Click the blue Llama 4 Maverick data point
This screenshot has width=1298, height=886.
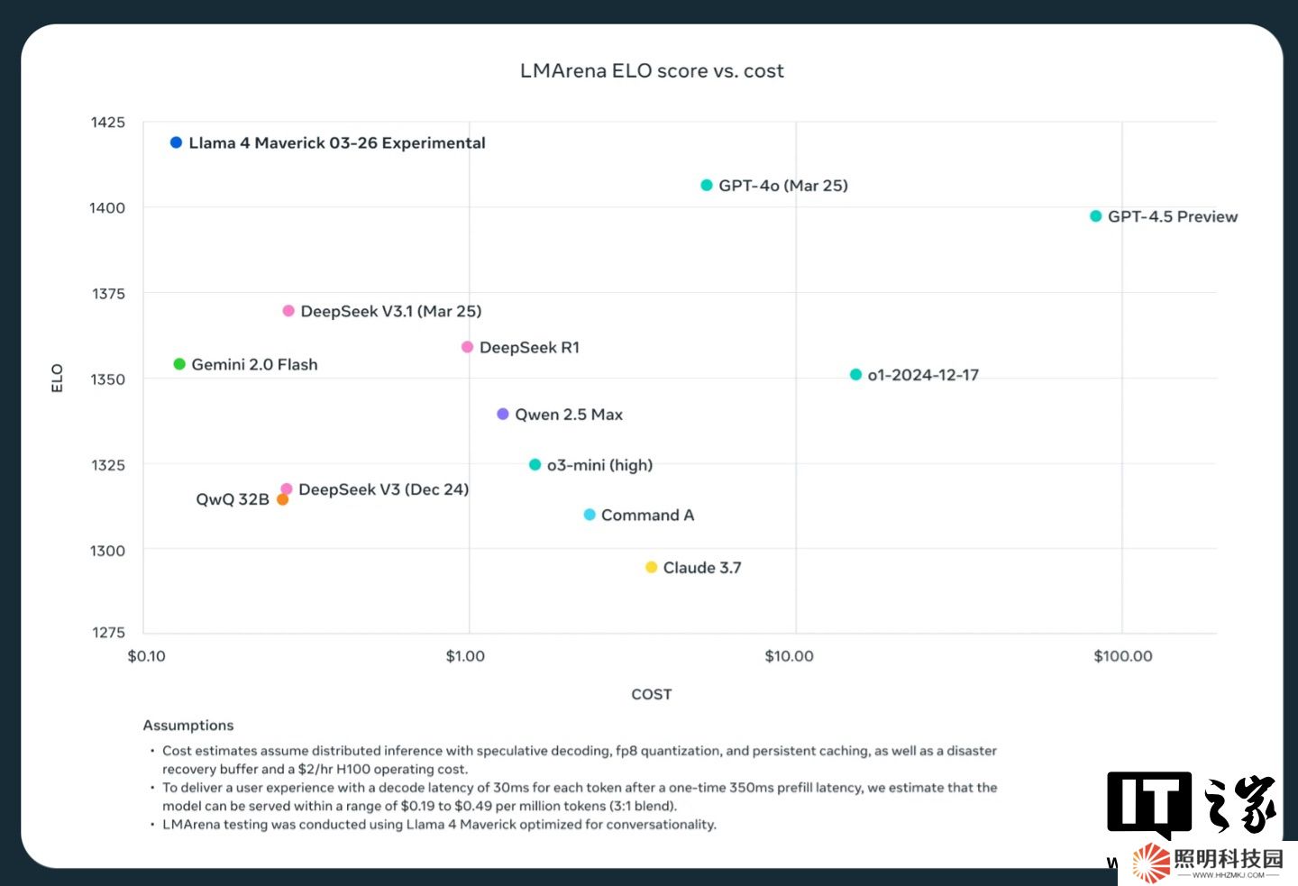point(176,142)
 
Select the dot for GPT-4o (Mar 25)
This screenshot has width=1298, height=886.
point(707,185)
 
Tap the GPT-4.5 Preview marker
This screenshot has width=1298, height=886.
point(1096,216)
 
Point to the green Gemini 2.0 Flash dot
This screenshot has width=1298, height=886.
point(179,364)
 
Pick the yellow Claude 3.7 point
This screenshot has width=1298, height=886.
point(651,567)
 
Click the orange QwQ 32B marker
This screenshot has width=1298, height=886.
point(282,499)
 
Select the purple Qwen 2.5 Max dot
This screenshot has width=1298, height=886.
point(503,414)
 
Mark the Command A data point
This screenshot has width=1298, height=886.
point(590,515)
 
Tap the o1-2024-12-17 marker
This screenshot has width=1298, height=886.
point(855,375)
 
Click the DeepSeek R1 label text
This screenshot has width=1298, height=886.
point(529,348)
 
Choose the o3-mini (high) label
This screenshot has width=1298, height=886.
point(599,465)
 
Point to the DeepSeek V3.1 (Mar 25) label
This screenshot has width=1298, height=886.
point(390,311)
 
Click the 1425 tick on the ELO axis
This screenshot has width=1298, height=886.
point(108,123)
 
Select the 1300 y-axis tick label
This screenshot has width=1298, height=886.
point(107,551)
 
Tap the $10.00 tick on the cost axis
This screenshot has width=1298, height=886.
point(789,656)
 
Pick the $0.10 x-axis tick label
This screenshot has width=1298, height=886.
point(146,656)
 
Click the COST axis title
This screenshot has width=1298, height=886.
point(651,694)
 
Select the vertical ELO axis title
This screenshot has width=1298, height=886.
point(57,378)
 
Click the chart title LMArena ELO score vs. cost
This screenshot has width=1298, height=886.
point(652,71)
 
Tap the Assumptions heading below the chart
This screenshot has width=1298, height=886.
point(188,726)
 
